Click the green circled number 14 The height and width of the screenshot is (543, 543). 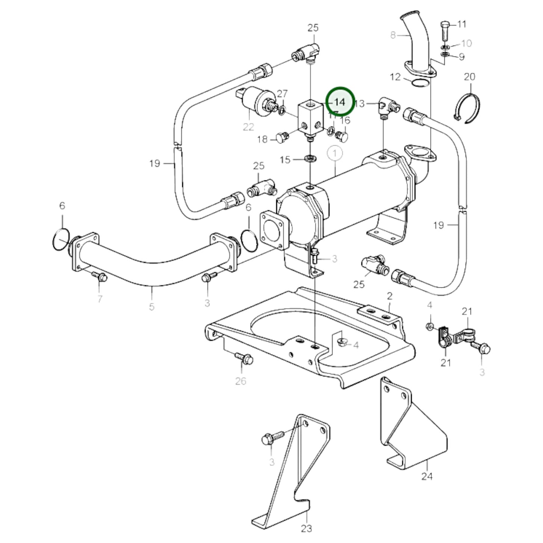[340, 101]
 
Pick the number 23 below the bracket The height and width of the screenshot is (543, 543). [307, 528]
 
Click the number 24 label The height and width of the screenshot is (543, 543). [427, 476]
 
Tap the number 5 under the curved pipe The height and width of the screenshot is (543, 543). [151, 307]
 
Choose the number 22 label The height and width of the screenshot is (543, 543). [248, 127]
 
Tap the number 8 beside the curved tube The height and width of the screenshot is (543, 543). [393, 35]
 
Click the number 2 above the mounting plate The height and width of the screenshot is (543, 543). [389, 296]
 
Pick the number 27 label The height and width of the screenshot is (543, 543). [282, 94]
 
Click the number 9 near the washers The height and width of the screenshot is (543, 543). [461, 57]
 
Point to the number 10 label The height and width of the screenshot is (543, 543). [466, 43]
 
